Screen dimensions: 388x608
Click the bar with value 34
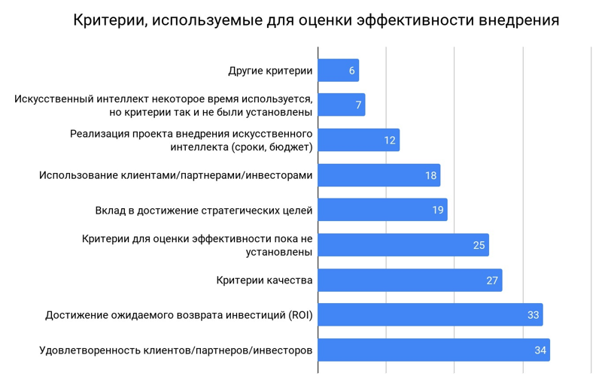click(x=433, y=350)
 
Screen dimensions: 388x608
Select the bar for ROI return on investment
click(x=430, y=315)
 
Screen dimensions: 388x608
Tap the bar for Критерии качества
click(x=409, y=280)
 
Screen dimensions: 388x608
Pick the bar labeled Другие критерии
click(x=338, y=71)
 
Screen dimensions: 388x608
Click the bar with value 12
click(x=358, y=141)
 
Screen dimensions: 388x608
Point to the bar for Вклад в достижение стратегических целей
click(x=382, y=210)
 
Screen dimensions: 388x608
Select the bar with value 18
click(x=378, y=175)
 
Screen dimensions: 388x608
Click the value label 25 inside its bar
click(x=479, y=245)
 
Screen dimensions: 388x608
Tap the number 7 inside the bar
click(x=359, y=105)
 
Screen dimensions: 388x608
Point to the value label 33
click(x=533, y=315)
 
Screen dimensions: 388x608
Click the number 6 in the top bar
click(x=352, y=71)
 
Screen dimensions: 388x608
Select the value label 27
click(x=492, y=280)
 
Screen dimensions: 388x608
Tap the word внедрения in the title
click(x=518, y=20)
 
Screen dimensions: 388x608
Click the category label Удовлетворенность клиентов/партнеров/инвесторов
click(x=175, y=350)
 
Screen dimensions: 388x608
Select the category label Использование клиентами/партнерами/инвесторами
click(x=175, y=176)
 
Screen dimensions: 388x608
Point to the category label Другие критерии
click(x=269, y=71)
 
